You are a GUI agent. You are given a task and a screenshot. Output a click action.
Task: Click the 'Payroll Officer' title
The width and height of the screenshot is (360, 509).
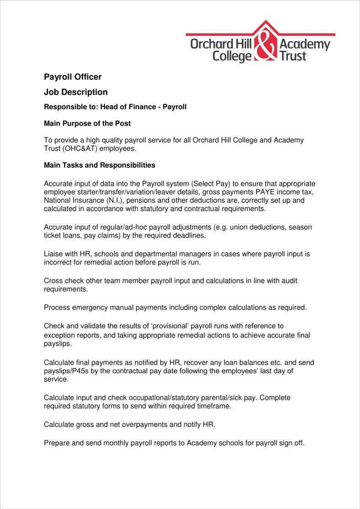pos(73,77)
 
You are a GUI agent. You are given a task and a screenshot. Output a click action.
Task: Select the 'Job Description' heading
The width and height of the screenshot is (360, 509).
pos(76,92)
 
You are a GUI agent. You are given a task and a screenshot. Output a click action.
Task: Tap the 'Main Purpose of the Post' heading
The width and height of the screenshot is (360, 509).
pos(87,123)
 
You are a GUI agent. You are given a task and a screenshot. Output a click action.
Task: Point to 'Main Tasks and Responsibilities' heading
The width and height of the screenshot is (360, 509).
pos(100,165)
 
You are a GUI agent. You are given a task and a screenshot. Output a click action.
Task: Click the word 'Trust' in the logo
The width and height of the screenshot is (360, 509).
pos(292,56)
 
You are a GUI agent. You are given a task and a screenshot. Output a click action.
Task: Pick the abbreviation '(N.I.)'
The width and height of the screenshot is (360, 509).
pos(116,200)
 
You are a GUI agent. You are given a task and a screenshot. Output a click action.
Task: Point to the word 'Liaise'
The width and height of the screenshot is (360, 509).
pos(54,254)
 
